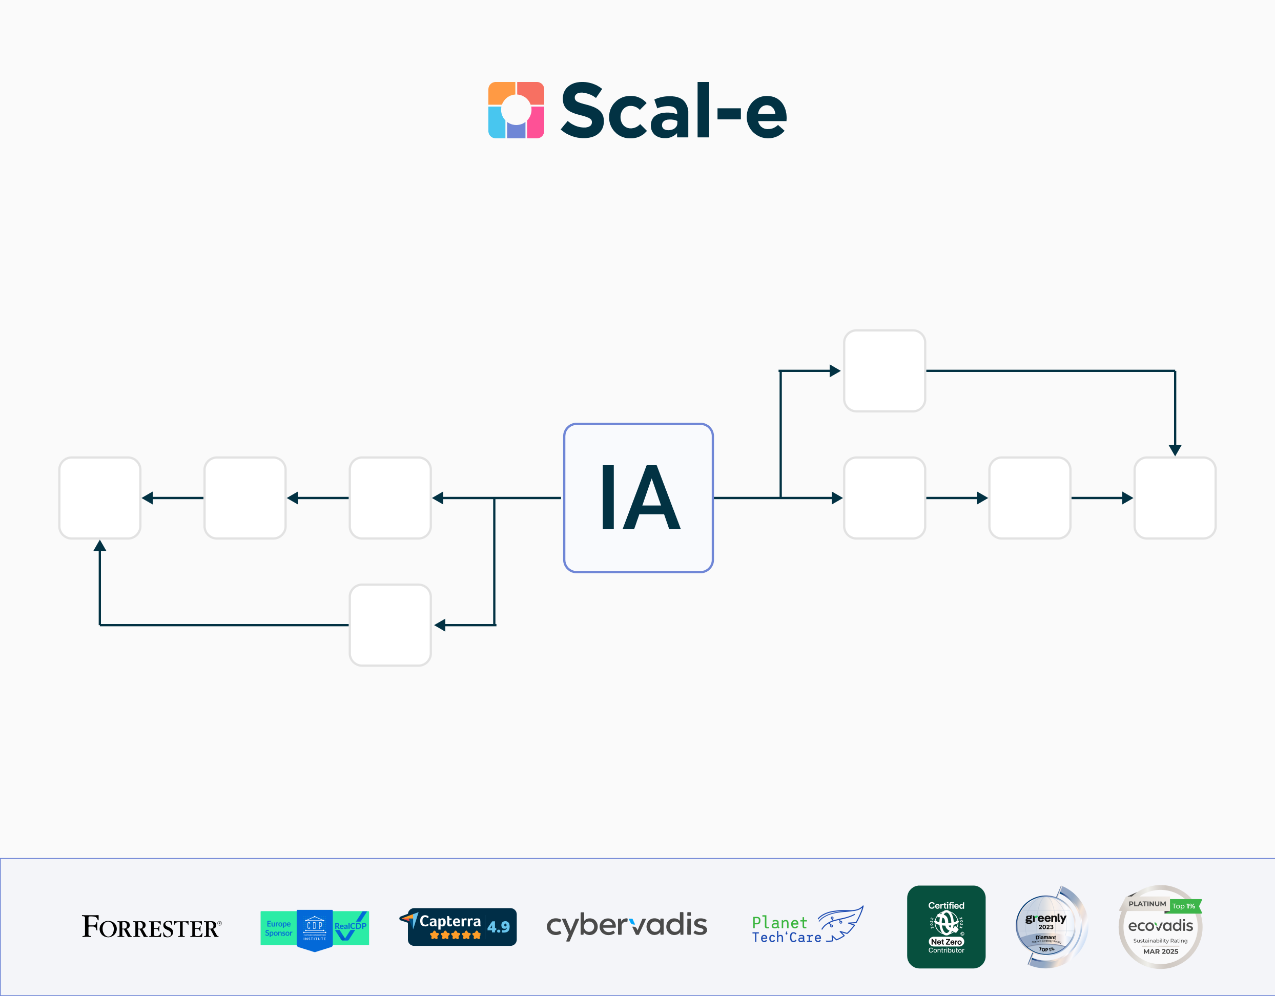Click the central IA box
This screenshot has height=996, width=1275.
click(x=638, y=497)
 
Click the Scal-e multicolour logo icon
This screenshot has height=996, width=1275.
click(x=516, y=110)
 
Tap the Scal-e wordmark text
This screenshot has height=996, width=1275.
click(x=673, y=111)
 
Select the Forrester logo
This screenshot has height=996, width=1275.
click(x=151, y=926)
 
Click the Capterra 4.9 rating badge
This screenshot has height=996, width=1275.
click(x=462, y=926)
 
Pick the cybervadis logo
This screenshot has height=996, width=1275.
click(x=626, y=926)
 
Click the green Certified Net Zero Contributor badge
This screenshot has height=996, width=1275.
click(x=945, y=926)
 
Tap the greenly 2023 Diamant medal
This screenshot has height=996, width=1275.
click(x=1049, y=926)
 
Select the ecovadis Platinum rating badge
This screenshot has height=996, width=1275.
click(x=1160, y=926)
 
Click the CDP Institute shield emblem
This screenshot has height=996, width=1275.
click(x=315, y=929)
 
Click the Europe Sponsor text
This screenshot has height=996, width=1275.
click(x=278, y=928)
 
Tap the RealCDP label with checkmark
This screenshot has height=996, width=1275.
click(x=351, y=927)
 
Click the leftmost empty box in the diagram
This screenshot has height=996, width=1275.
click(x=100, y=497)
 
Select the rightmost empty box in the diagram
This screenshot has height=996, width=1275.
click(x=1175, y=497)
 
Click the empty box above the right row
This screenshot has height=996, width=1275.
click(x=885, y=371)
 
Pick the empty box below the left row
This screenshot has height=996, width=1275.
click(x=390, y=625)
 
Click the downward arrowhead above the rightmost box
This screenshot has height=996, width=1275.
click(x=1175, y=449)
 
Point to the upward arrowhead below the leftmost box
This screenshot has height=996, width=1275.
click(x=100, y=546)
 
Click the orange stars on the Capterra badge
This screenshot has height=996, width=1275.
click(x=456, y=935)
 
